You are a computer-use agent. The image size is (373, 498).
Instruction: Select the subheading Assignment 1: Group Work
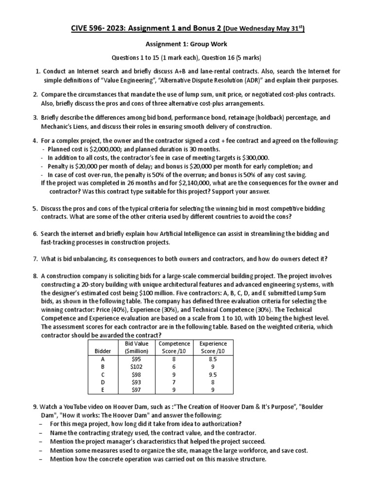coord(186,44)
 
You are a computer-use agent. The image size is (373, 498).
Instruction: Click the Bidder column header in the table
coord(102,350)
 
